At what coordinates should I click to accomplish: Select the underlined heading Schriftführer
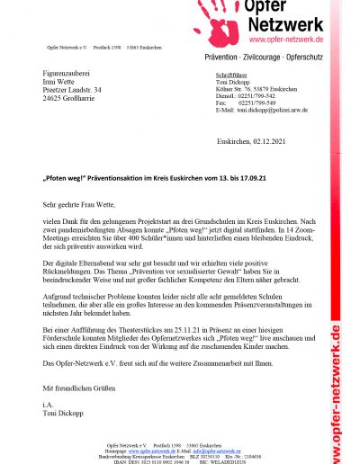233,76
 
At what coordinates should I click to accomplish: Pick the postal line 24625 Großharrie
74,99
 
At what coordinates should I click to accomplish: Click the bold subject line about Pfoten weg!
154,178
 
